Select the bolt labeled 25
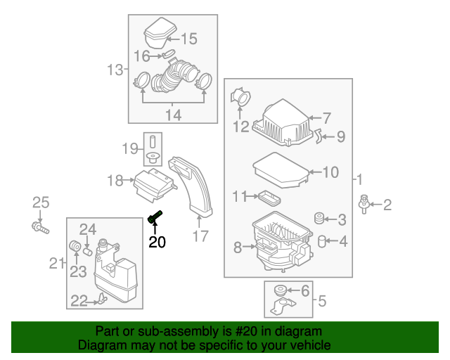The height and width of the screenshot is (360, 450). [40, 227]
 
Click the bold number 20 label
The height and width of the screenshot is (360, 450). [157, 243]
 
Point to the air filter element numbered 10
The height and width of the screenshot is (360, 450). [278, 171]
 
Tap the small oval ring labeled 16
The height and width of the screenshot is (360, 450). [169, 54]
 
